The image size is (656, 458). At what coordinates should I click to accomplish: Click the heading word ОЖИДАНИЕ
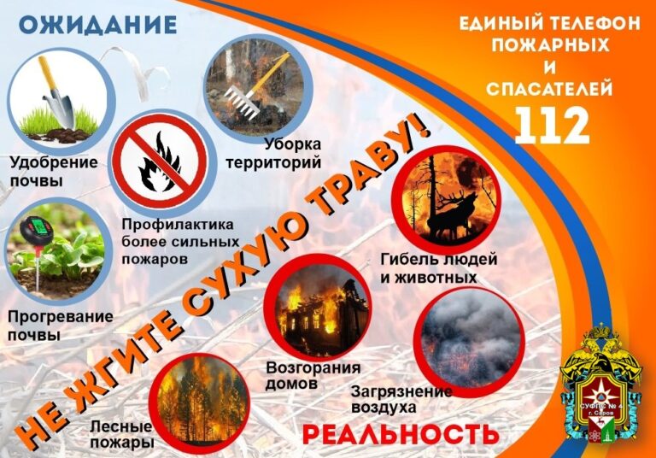(x=97, y=25)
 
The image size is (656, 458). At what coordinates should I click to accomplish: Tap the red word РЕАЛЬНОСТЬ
(x=401, y=434)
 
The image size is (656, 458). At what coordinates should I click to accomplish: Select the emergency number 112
(x=552, y=125)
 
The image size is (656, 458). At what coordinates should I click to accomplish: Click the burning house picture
(x=319, y=308)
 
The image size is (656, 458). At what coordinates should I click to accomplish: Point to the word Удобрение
(x=54, y=162)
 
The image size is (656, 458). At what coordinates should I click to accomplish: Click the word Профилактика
(x=178, y=226)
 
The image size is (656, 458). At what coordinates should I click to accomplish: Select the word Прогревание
(x=61, y=316)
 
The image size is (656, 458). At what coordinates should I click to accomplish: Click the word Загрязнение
(x=401, y=392)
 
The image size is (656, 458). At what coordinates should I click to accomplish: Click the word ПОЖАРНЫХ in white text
(x=551, y=45)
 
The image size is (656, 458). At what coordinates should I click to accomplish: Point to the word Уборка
(x=293, y=144)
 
